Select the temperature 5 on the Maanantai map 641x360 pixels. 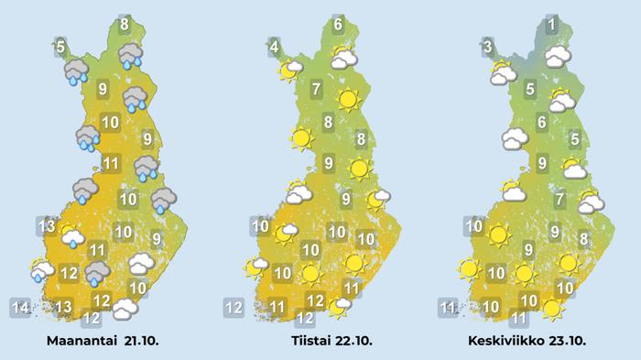coord(60,47)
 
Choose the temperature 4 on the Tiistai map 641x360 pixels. coord(274,44)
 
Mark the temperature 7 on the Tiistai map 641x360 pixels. coord(316,90)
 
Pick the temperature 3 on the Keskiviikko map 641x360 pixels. coord(489,47)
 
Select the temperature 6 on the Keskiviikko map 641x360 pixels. coord(542,123)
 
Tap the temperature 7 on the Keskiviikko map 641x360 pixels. coord(559,199)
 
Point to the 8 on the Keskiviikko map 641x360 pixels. coord(584,240)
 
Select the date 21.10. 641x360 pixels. coord(139,341)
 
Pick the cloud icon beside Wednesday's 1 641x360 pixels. coord(558,57)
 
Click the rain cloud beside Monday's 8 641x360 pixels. coord(131,55)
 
